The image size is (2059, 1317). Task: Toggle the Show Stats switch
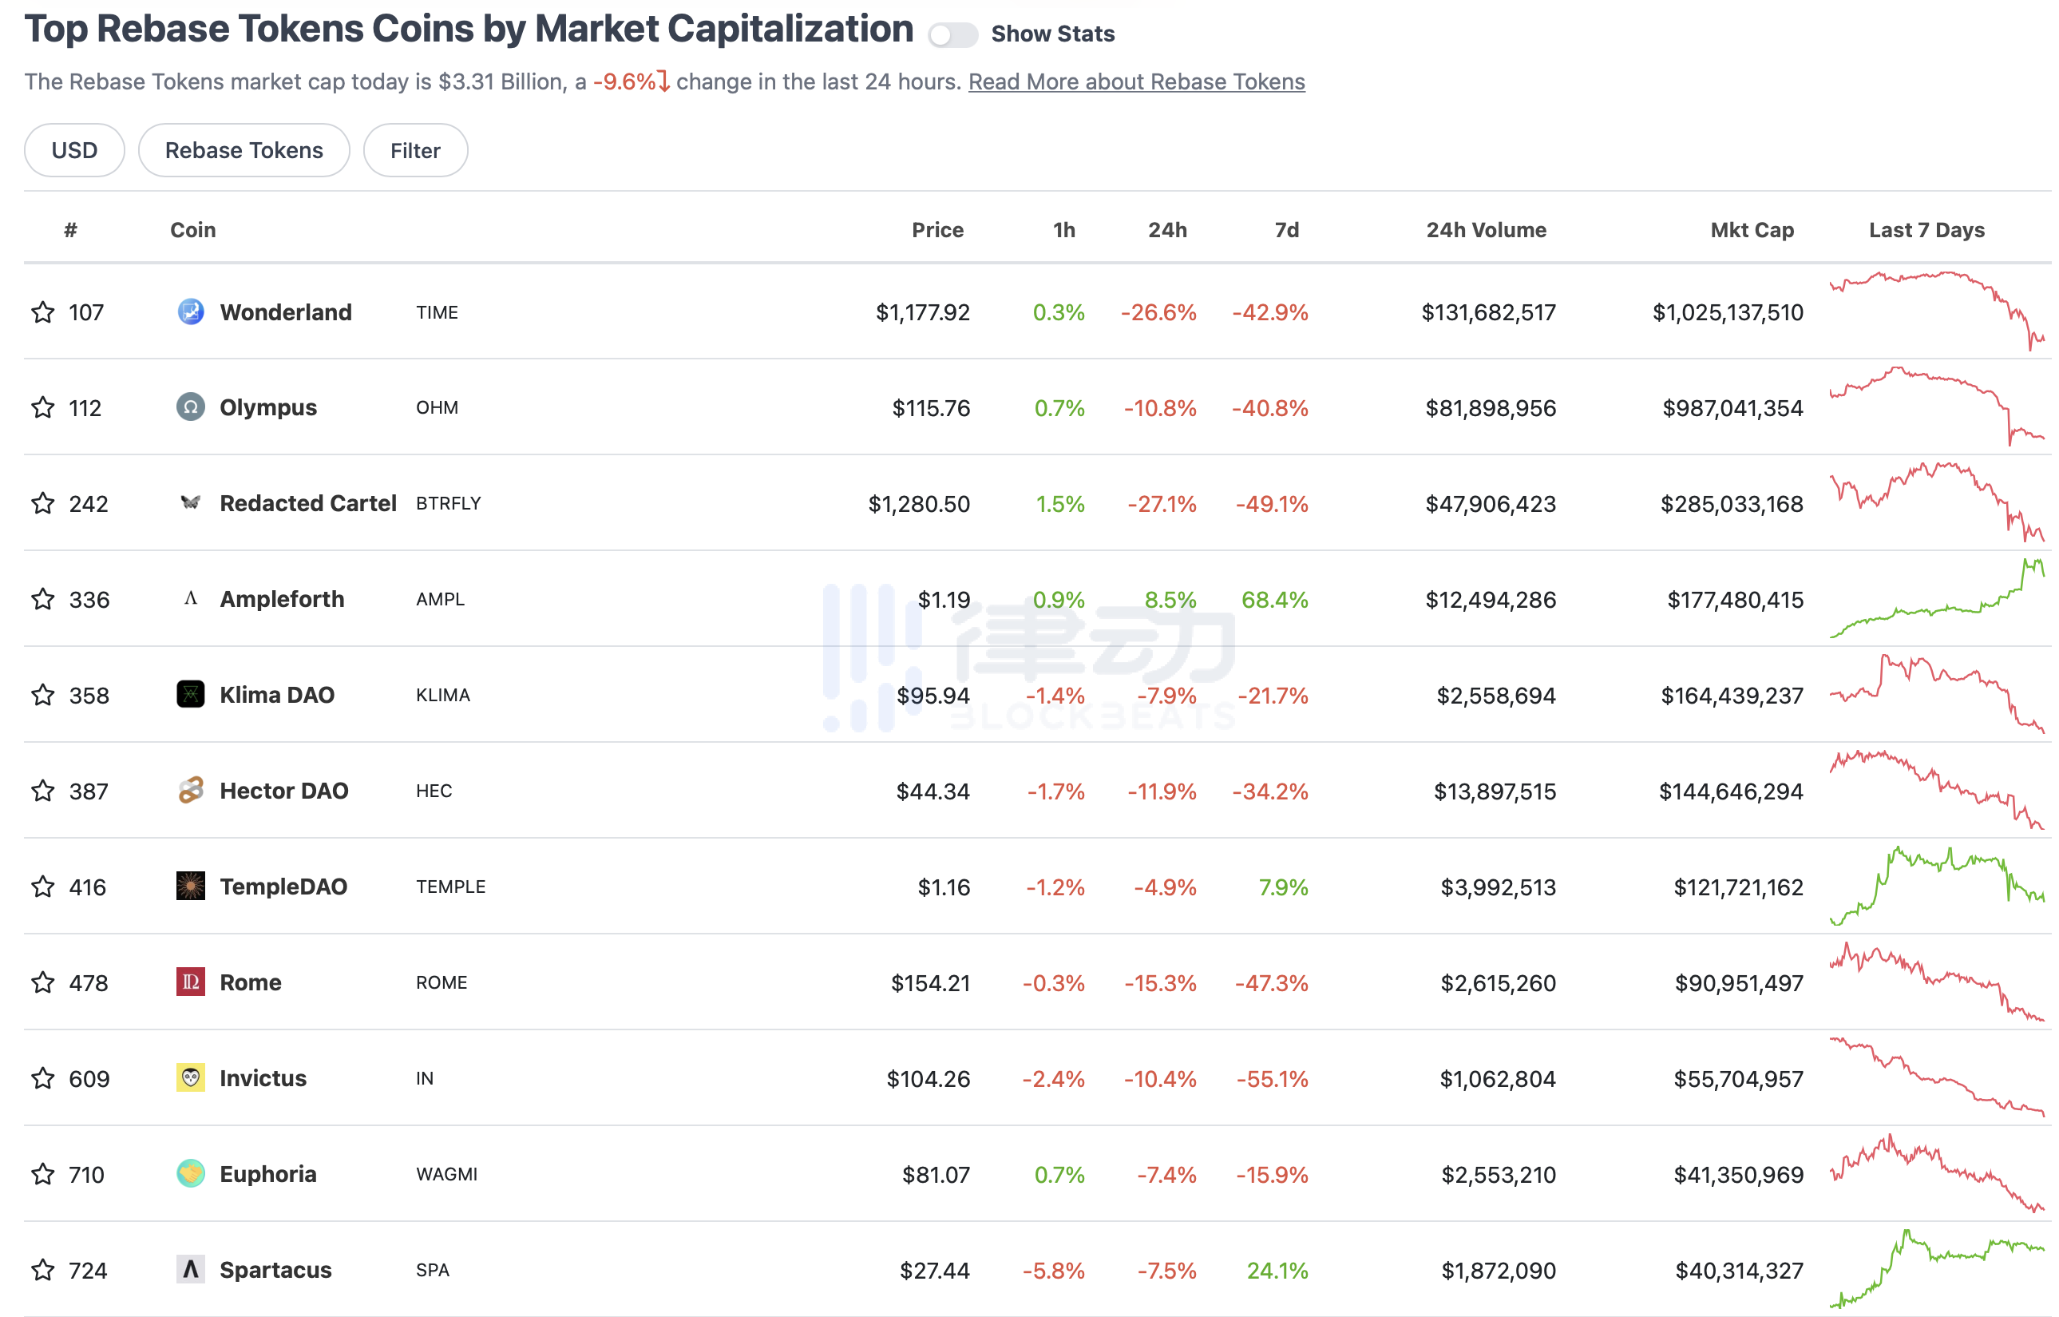point(952,34)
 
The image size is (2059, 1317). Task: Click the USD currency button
point(74,150)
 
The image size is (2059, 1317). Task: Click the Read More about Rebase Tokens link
point(1135,82)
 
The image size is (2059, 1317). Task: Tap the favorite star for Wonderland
point(43,312)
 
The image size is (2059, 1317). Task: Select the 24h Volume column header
point(1485,230)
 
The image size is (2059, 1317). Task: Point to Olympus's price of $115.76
point(930,408)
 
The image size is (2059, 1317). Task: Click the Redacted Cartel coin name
point(308,503)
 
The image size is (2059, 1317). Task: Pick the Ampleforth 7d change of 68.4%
point(1274,600)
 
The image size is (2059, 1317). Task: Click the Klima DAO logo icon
point(190,694)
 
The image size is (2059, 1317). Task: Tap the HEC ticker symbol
point(434,791)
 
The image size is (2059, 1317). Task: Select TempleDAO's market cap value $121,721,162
point(1737,887)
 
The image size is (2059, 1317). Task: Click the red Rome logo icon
point(190,982)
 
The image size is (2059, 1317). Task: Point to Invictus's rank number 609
point(89,1078)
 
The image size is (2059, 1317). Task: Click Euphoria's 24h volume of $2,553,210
point(1498,1174)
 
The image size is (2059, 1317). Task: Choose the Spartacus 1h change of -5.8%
point(1053,1270)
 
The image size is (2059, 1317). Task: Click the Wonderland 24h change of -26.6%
point(1158,312)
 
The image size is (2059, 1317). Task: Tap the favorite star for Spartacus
point(43,1270)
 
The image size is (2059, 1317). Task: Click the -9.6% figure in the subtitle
point(625,82)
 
